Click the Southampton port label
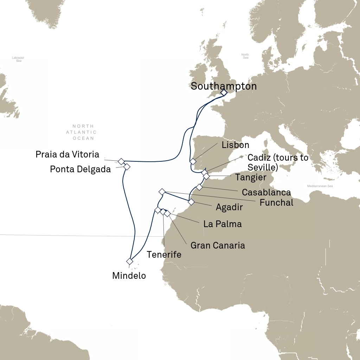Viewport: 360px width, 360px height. click(x=224, y=86)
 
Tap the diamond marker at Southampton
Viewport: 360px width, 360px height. click(x=224, y=92)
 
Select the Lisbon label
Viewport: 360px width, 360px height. click(x=236, y=145)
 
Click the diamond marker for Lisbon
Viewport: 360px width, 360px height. click(x=193, y=161)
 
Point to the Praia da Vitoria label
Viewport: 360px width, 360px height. click(x=67, y=154)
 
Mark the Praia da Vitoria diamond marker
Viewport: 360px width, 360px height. click(x=121, y=161)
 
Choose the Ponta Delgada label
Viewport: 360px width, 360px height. click(x=80, y=169)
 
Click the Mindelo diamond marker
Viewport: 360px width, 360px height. click(x=130, y=261)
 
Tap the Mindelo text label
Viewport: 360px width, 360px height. click(x=129, y=276)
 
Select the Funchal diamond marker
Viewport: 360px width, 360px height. click(x=162, y=192)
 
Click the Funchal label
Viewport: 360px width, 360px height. click(x=276, y=202)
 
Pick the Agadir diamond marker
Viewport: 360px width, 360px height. click(x=191, y=202)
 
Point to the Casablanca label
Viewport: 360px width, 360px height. click(x=266, y=192)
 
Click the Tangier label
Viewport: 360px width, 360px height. click(x=251, y=178)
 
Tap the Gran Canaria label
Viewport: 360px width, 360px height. click(x=218, y=245)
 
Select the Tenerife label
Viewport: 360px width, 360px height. click(x=164, y=255)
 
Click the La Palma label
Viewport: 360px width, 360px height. click(x=223, y=224)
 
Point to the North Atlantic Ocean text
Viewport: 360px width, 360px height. click(x=83, y=132)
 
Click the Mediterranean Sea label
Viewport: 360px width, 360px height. click(x=320, y=186)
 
